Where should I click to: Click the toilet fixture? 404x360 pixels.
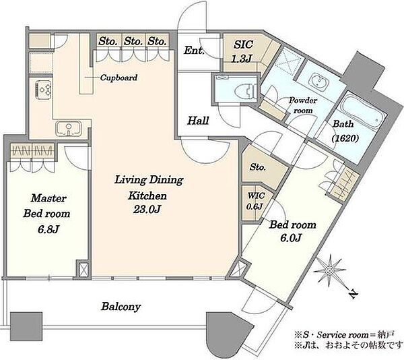(x=246, y=90)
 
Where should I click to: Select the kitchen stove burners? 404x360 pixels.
(x=44, y=89)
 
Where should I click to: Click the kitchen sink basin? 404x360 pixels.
(x=69, y=128)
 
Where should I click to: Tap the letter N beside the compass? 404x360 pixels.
(x=353, y=293)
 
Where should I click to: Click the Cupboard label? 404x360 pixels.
(x=119, y=78)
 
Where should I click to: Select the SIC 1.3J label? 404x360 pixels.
(x=242, y=52)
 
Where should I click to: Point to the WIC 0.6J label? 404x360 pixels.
(x=255, y=201)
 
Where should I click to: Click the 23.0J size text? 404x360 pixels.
(x=147, y=210)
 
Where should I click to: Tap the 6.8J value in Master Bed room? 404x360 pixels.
(x=48, y=229)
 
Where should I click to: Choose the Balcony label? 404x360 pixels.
(x=121, y=307)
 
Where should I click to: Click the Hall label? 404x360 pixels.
(x=198, y=121)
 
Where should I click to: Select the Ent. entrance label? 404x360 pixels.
(x=194, y=51)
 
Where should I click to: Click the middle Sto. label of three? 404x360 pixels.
(x=133, y=41)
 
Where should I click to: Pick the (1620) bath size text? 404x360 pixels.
(x=345, y=138)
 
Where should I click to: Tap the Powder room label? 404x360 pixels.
(x=303, y=105)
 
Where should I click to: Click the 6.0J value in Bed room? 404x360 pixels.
(x=291, y=238)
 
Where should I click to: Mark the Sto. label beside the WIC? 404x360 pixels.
(x=258, y=167)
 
